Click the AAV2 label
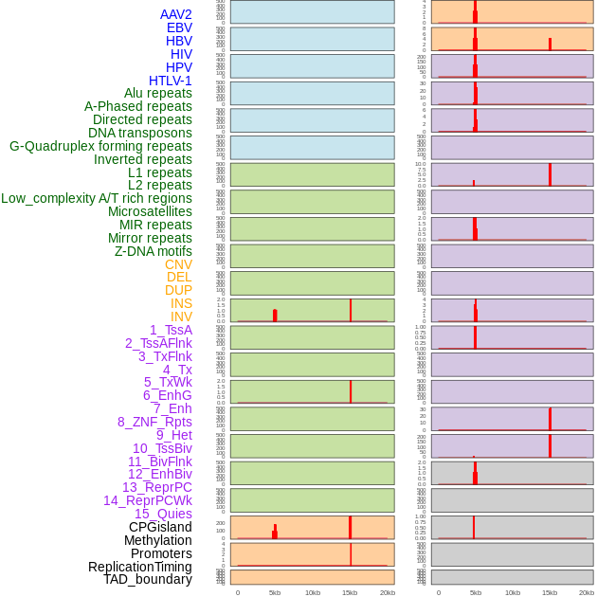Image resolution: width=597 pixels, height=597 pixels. tap(175, 14)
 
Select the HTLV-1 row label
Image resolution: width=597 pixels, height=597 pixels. tap(170, 81)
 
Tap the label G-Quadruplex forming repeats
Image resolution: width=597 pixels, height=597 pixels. tap(100, 146)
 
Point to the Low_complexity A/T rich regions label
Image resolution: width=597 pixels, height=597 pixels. tap(97, 198)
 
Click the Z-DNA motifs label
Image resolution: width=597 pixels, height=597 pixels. tap(153, 251)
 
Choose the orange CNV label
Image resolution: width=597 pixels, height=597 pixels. tap(178, 264)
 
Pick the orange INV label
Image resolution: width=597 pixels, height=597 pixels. tap(181, 317)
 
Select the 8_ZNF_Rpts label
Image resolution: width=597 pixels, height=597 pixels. tap(154, 422)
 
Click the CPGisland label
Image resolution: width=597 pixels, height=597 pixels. tap(160, 527)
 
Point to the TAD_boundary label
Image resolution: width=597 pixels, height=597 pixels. tap(148, 579)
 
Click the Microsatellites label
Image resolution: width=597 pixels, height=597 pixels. tap(150, 211)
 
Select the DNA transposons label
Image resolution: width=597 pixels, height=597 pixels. tap(140, 133)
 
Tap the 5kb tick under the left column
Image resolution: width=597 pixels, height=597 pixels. tap(275, 592)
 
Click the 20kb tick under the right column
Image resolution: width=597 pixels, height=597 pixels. tap(587, 592)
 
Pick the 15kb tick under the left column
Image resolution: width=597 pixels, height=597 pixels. tap(350, 592)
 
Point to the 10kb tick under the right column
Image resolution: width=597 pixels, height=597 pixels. tap(513, 592)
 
